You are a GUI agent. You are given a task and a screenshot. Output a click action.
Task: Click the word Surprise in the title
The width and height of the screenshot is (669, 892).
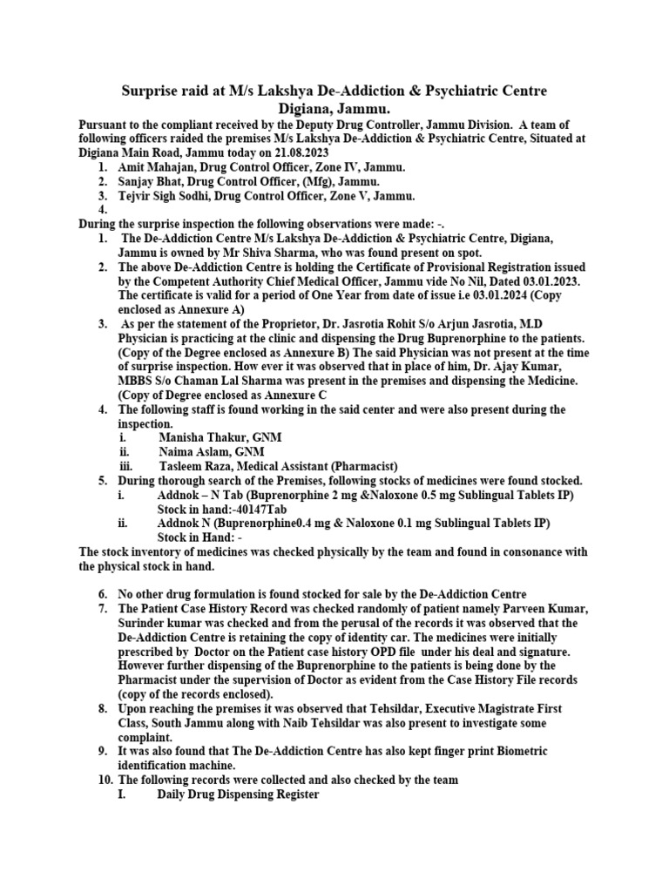click(155, 91)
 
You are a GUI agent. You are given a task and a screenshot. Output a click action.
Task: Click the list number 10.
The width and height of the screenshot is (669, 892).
click(105, 780)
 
